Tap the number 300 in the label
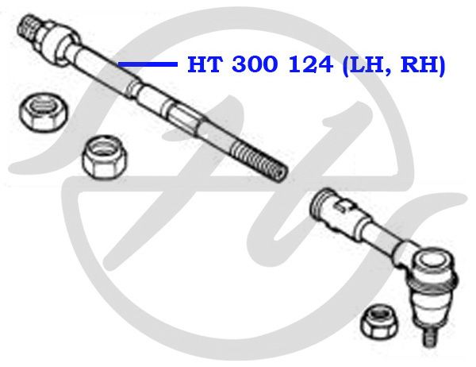click(x=255, y=64)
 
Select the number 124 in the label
click(x=310, y=64)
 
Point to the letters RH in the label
click(x=419, y=64)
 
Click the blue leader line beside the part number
click(x=148, y=64)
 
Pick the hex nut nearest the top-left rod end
click(x=44, y=112)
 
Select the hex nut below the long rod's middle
click(x=106, y=157)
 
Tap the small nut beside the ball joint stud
click(x=377, y=322)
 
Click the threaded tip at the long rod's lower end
click(x=259, y=162)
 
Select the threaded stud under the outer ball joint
click(x=431, y=336)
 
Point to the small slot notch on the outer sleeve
click(x=340, y=207)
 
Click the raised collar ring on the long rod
click(x=133, y=88)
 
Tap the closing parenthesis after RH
click(x=441, y=65)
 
